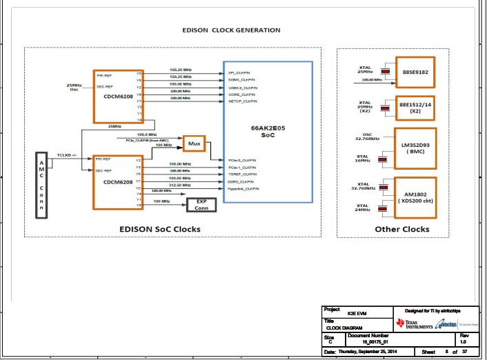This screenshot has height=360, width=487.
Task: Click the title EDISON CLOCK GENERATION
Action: tap(231, 30)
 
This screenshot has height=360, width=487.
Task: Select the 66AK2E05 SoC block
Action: tap(268, 131)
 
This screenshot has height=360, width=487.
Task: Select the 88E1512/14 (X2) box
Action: tap(415, 107)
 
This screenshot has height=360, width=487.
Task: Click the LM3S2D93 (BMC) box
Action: tap(415, 147)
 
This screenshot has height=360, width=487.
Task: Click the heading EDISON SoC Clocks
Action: tap(159, 229)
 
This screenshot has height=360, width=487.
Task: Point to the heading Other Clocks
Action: tap(401, 229)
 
